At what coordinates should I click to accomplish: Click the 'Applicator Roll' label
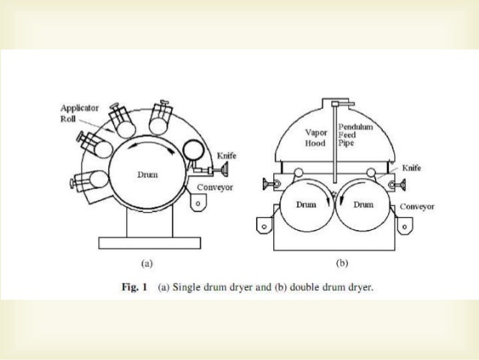(x=76, y=113)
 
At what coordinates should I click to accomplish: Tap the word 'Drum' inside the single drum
(x=147, y=176)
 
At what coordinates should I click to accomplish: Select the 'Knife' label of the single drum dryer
(x=226, y=156)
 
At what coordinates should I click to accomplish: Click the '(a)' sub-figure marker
(x=147, y=263)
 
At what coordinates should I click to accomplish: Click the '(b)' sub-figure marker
(x=342, y=263)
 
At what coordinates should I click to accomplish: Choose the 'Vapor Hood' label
(x=316, y=138)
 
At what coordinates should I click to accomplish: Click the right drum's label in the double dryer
(x=364, y=204)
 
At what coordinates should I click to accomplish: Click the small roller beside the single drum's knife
(x=193, y=151)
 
